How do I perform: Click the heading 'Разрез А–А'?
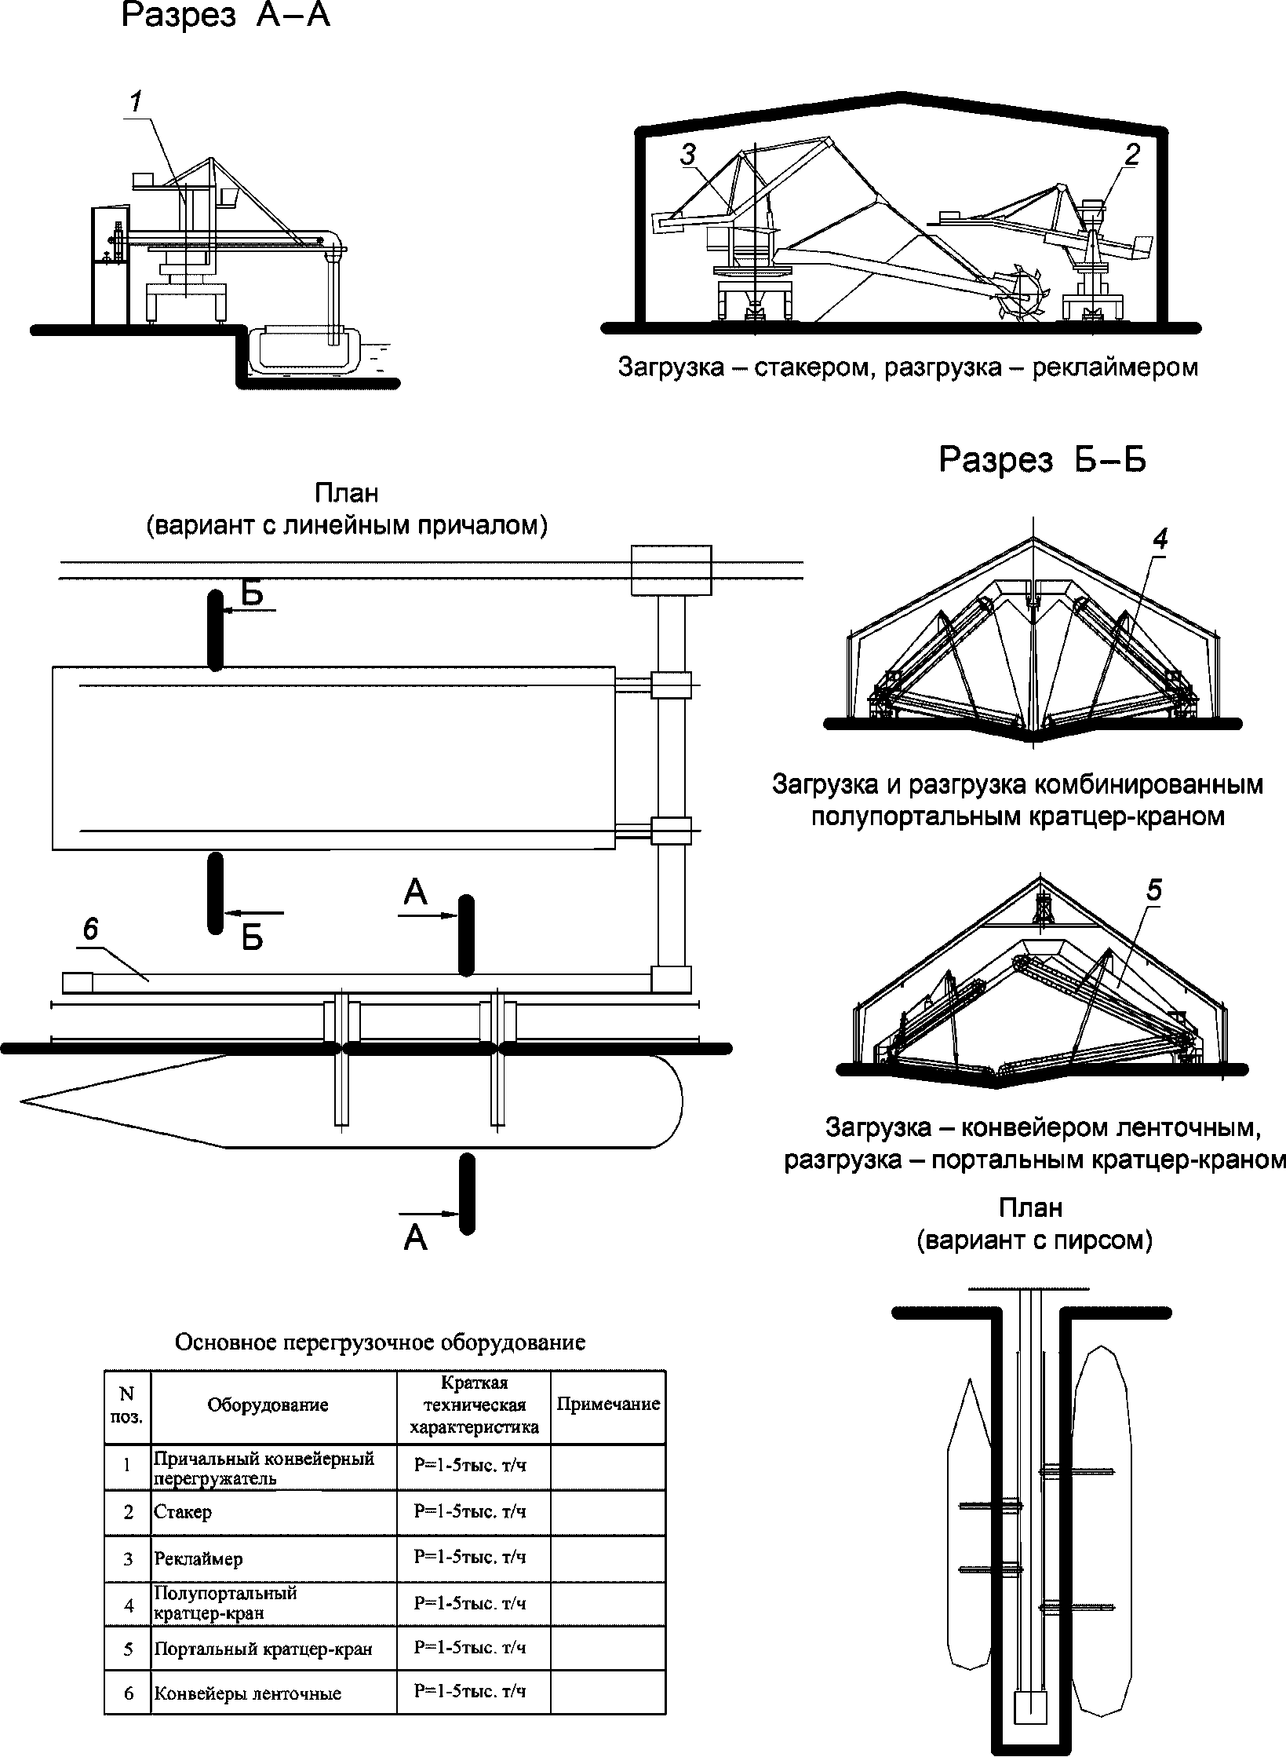(226, 16)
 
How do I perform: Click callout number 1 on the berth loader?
(136, 102)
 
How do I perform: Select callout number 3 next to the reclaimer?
(688, 155)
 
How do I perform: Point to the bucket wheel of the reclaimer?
(1022, 294)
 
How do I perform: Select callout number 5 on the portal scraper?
(1154, 890)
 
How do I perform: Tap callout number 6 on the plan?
(90, 930)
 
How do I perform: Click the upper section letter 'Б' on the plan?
(252, 594)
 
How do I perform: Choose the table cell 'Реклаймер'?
(199, 1558)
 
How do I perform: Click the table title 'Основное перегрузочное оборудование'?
(380, 1342)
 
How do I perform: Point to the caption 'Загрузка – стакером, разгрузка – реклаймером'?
(908, 367)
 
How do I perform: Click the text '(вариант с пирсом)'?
(1034, 1241)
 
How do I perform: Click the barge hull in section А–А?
(304, 352)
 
